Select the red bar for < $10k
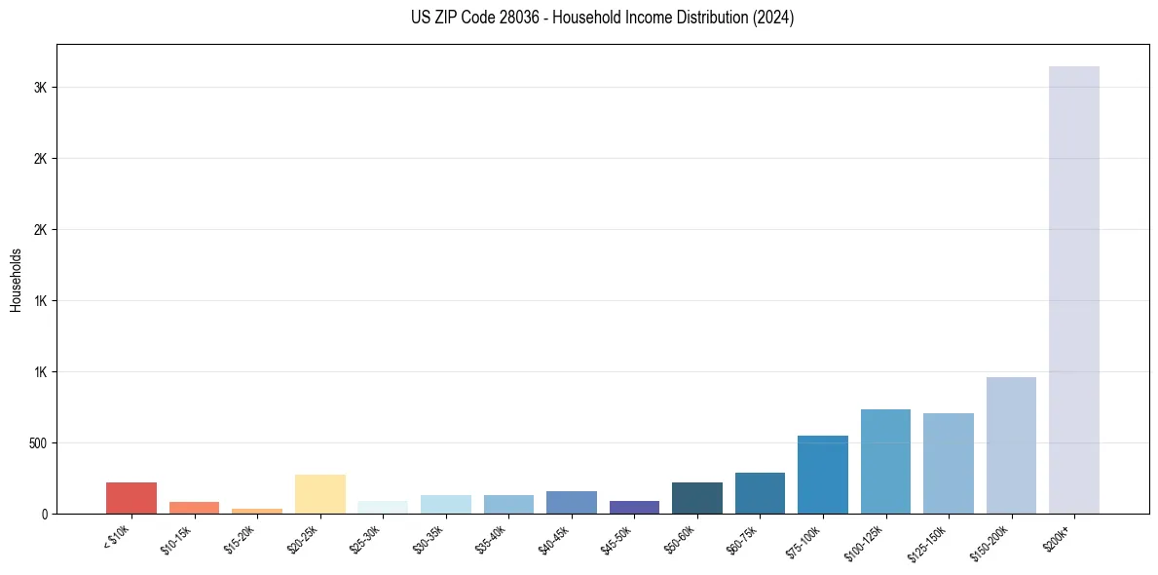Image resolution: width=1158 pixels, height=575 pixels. pos(131,498)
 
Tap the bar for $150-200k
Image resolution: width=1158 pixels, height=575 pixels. pos(1011,445)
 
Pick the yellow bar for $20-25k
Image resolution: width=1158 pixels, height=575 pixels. pos(319,494)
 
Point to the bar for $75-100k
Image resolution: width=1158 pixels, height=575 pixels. pos(822,475)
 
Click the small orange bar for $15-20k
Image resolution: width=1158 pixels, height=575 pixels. pos(257,511)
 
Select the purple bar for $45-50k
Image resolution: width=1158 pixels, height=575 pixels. pos(634,507)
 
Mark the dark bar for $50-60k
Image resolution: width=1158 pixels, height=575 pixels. pos(696,498)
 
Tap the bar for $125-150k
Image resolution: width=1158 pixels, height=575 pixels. pos(948,463)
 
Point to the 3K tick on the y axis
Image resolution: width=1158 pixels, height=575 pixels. pos(41,88)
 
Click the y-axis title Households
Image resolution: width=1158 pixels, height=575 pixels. pos(16,280)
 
